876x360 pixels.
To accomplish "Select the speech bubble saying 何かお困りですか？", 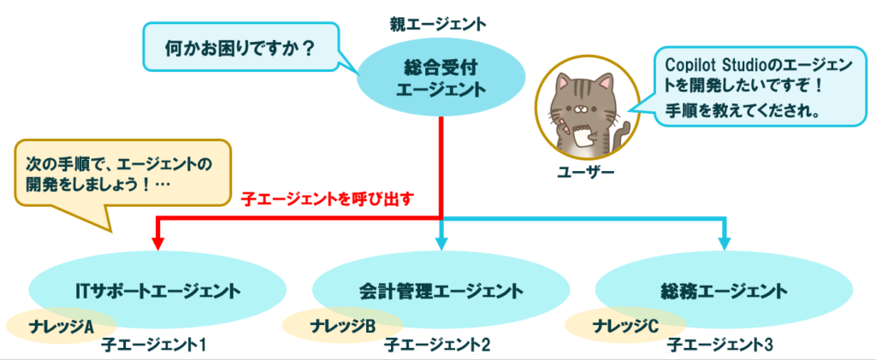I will (x=239, y=50).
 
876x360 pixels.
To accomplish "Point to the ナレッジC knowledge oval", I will (x=625, y=326).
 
